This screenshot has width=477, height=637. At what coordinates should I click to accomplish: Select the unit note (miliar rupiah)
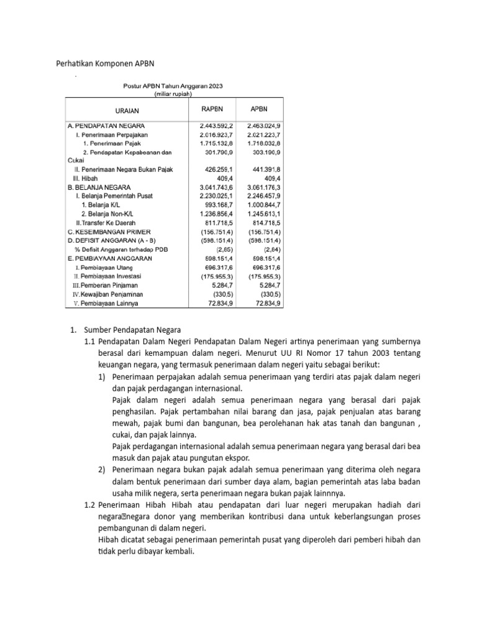tap(173, 95)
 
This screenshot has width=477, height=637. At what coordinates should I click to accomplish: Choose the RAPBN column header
tap(211, 109)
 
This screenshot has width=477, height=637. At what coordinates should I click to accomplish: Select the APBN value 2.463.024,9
tap(260, 126)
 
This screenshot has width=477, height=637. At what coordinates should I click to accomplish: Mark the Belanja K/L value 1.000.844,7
tap(260, 205)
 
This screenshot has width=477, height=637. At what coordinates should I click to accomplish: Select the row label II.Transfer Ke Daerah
tap(105, 222)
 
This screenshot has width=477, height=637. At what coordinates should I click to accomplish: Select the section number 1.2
tap(90, 505)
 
